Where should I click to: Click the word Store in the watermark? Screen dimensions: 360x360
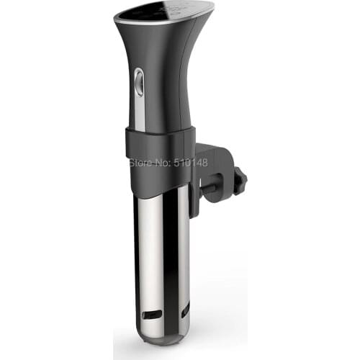click(x=141, y=163)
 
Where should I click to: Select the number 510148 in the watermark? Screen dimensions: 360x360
click(x=191, y=163)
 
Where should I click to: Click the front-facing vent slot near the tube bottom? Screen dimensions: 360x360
click(x=152, y=315)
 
